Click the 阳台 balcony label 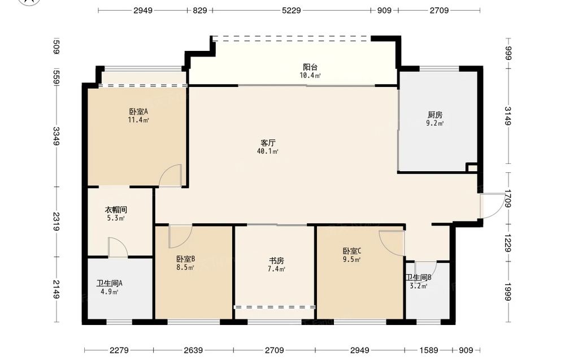coord(310,67)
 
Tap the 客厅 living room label coord(268,143)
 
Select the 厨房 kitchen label coord(435,115)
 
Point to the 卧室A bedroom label coord(138,112)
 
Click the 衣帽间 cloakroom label coord(116,210)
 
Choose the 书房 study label coord(276,261)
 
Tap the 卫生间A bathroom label coord(109,284)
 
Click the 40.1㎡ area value coord(268,151)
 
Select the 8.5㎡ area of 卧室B coord(185,267)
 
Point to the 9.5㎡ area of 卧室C coord(351,259)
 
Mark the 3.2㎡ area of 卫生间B coord(418,287)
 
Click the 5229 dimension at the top coord(291,10)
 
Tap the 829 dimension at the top coord(199,10)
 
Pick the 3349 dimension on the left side coord(56,136)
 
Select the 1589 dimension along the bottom coord(429,350)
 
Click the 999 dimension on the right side coord(508,54)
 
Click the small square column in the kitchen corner coord(472,168)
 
